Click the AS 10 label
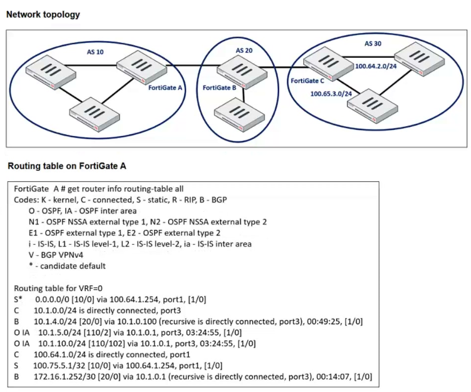coord(95,52)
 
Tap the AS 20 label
coord(244,50)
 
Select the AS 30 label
coord(373,43)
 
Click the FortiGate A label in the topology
coord(165,88)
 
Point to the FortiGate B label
coord(219,88)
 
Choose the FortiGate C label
coord(307,81)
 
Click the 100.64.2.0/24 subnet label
coord(376,66)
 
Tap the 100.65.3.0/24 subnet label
coord(331,94)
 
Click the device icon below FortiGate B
coord(239,115)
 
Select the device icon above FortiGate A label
coord(142,67)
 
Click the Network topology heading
coord(43,14)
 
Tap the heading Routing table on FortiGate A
coord(67,166)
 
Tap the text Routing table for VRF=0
coord(58,288)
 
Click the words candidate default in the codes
coord(73,266)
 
